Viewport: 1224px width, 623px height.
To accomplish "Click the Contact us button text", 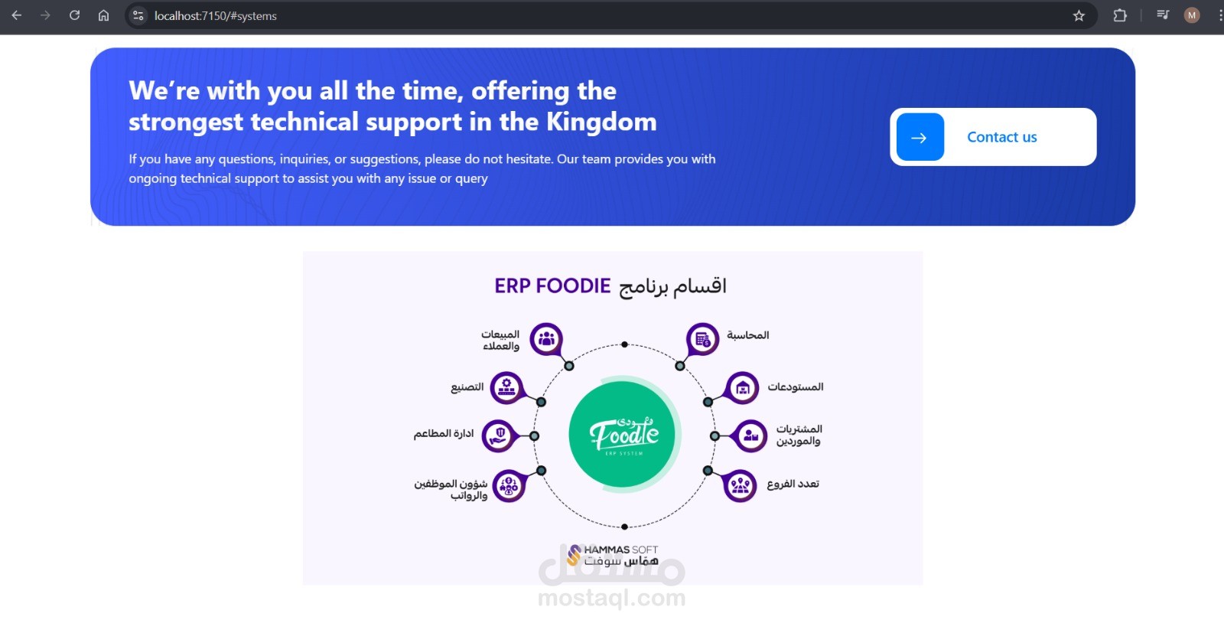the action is tap(1001, 137).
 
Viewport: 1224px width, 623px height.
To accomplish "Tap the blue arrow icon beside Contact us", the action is tap(920, 137).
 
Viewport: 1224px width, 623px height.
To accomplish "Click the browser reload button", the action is tap(74, 15).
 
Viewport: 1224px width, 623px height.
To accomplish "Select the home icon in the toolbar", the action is tap(103, 15).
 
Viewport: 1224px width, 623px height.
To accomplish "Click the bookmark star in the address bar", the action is tap(1079, 15).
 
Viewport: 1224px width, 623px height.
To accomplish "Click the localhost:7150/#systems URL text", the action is tap(215, 16).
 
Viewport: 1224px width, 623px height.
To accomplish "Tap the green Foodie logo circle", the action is tap(623, 434).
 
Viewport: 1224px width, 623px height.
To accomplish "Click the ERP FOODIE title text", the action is tap(552, 285).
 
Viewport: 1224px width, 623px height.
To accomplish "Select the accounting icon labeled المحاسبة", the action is tap(702, 339).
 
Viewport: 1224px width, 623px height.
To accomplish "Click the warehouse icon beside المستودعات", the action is tap(742, 388).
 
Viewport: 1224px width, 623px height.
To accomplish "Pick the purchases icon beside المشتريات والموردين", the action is tap(750, 435).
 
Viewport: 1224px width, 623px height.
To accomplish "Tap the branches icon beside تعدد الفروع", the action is tap(739, 485).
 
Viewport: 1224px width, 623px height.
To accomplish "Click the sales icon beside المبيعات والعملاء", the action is tap(546, 339).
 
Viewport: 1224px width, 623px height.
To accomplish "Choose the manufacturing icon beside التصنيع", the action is tap(506, 387).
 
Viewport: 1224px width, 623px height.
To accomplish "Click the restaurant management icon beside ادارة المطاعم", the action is tap(498, 435).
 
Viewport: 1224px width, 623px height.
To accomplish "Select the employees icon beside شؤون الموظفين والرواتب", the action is tap(509, 485).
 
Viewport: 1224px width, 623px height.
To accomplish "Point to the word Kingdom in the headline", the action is tap(601, 122).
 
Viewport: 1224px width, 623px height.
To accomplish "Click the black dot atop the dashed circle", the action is tap(624, 344).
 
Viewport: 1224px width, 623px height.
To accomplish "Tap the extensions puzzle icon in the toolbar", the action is tap(1120, 15).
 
